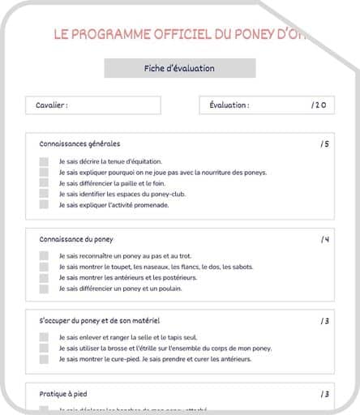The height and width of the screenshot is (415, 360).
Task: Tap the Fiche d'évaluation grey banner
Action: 180,69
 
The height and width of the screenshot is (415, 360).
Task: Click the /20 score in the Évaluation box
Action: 318,105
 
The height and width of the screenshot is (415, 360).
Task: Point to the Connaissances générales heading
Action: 79,143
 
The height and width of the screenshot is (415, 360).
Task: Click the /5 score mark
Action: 324,143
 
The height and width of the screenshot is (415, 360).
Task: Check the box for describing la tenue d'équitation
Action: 44,161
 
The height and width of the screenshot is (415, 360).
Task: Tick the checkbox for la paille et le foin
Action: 44,183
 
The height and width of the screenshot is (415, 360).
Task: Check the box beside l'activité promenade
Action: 44,205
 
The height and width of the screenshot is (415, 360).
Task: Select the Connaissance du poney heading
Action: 76,239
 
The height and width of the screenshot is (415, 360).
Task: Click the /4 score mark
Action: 324,239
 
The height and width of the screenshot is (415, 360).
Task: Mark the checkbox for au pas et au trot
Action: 44,256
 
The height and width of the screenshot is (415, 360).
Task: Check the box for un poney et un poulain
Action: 44,289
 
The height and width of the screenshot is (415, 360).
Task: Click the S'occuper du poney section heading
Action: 100,320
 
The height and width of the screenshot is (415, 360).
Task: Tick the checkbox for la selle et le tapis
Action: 44,337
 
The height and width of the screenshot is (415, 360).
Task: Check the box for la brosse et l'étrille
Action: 44,349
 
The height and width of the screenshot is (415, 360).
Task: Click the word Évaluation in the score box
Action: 229,105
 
